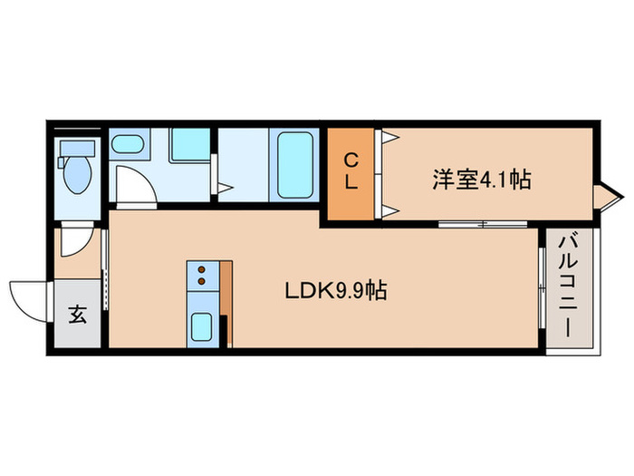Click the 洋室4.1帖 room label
click(480, 180)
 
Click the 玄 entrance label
click(78, 315)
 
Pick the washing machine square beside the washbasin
click(190, 144)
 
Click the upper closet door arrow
click(390, 139)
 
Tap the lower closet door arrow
click(390, 212)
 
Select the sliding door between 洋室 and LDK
click(481, 223)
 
